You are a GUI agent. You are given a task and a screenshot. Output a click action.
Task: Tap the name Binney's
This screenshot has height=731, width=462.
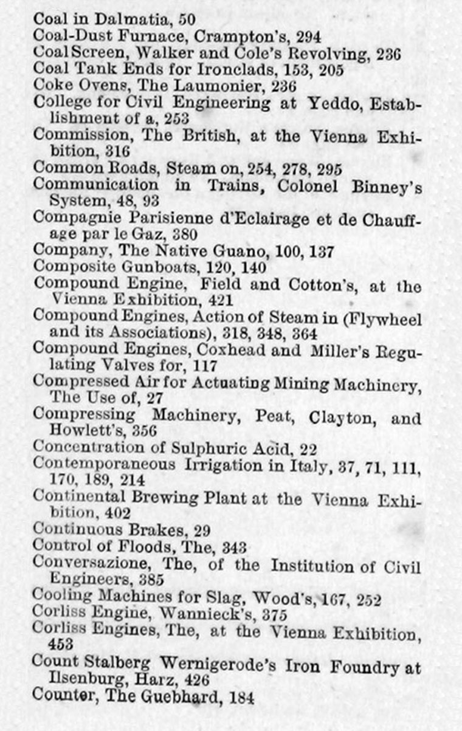pyautogui.click(x=390, y=185)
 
